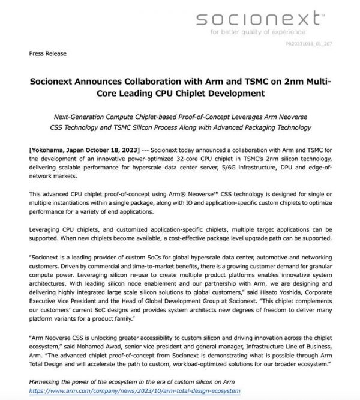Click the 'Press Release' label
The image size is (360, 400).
[x=47, y=54]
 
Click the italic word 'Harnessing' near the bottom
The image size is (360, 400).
[x=47, y=382]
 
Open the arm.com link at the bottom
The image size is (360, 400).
[x=134, y=391]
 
